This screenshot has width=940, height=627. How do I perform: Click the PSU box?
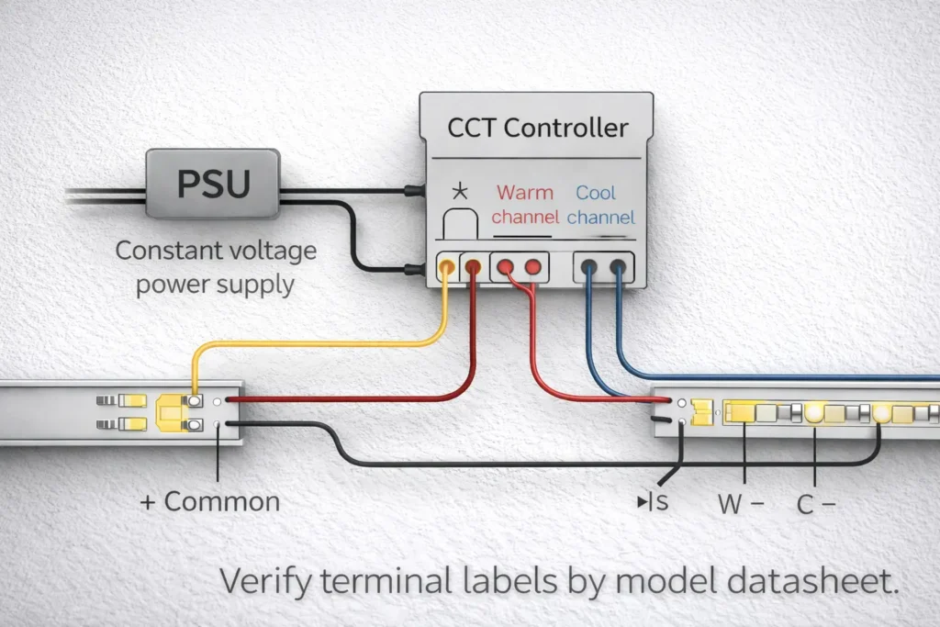point(213,185)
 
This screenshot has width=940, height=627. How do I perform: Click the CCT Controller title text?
point(538,127)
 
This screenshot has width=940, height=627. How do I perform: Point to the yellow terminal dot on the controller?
point(446,267)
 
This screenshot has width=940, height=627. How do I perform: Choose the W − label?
point(740,504)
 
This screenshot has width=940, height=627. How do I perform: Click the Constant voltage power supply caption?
point(215,266)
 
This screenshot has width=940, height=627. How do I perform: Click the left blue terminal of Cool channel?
point(588,268)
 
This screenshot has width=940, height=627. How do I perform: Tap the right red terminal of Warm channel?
point(532,267)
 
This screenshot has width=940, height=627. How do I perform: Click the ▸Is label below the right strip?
point(653,503)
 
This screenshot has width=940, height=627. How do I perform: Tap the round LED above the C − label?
point(815,414)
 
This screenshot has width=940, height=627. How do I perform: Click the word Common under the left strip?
point(222,501)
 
